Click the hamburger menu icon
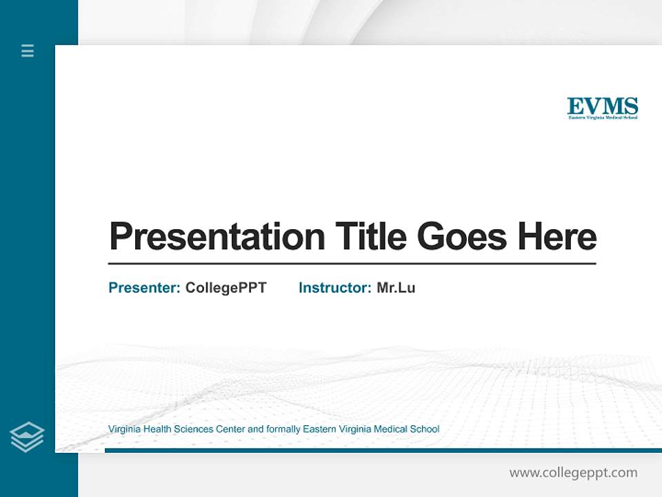pyautogui.click(x=28, y=50)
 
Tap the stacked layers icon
pyautogui.click(x=27, y=437)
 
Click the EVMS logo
pyautogui.click(x=602, y=108)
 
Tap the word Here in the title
pyautogui.click(x=557, y=237)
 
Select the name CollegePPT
pyautogui.click(x=225, y=288)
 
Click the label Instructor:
pyautogui.click(x=335, y=288)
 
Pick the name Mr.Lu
pyautogui.click(x=396, y=288)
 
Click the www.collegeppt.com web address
pyautogui.click(x=573, y=473)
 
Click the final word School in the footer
pyautogui.click(x=425, y=429)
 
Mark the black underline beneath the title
pyautogui.click(x=352, y=264)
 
